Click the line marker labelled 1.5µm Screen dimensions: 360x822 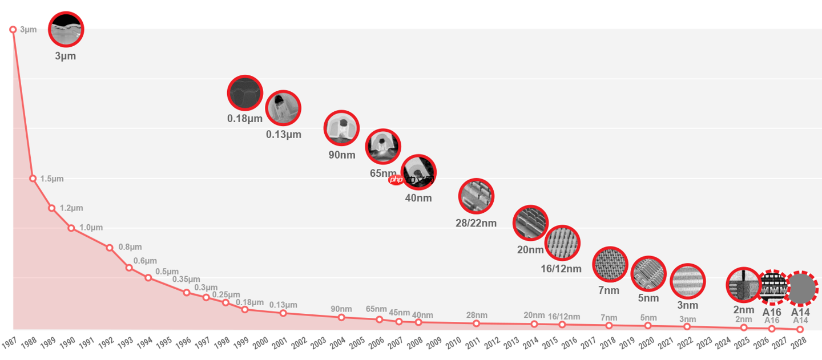33,179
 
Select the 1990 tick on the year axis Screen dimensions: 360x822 68,342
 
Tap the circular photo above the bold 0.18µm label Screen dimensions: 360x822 245,93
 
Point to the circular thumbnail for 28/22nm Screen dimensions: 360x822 476,196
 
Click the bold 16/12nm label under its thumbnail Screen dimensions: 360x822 561,269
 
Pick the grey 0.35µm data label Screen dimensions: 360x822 186,280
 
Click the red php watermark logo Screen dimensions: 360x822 396,180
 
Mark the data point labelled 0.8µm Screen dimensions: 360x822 110,248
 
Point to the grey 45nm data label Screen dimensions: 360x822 400,313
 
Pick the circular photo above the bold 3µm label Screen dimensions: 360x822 66,29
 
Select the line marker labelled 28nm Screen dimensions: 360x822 477,323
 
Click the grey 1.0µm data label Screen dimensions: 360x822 91,228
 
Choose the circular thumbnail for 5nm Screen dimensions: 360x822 648,274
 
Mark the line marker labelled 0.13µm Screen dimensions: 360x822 283,313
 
